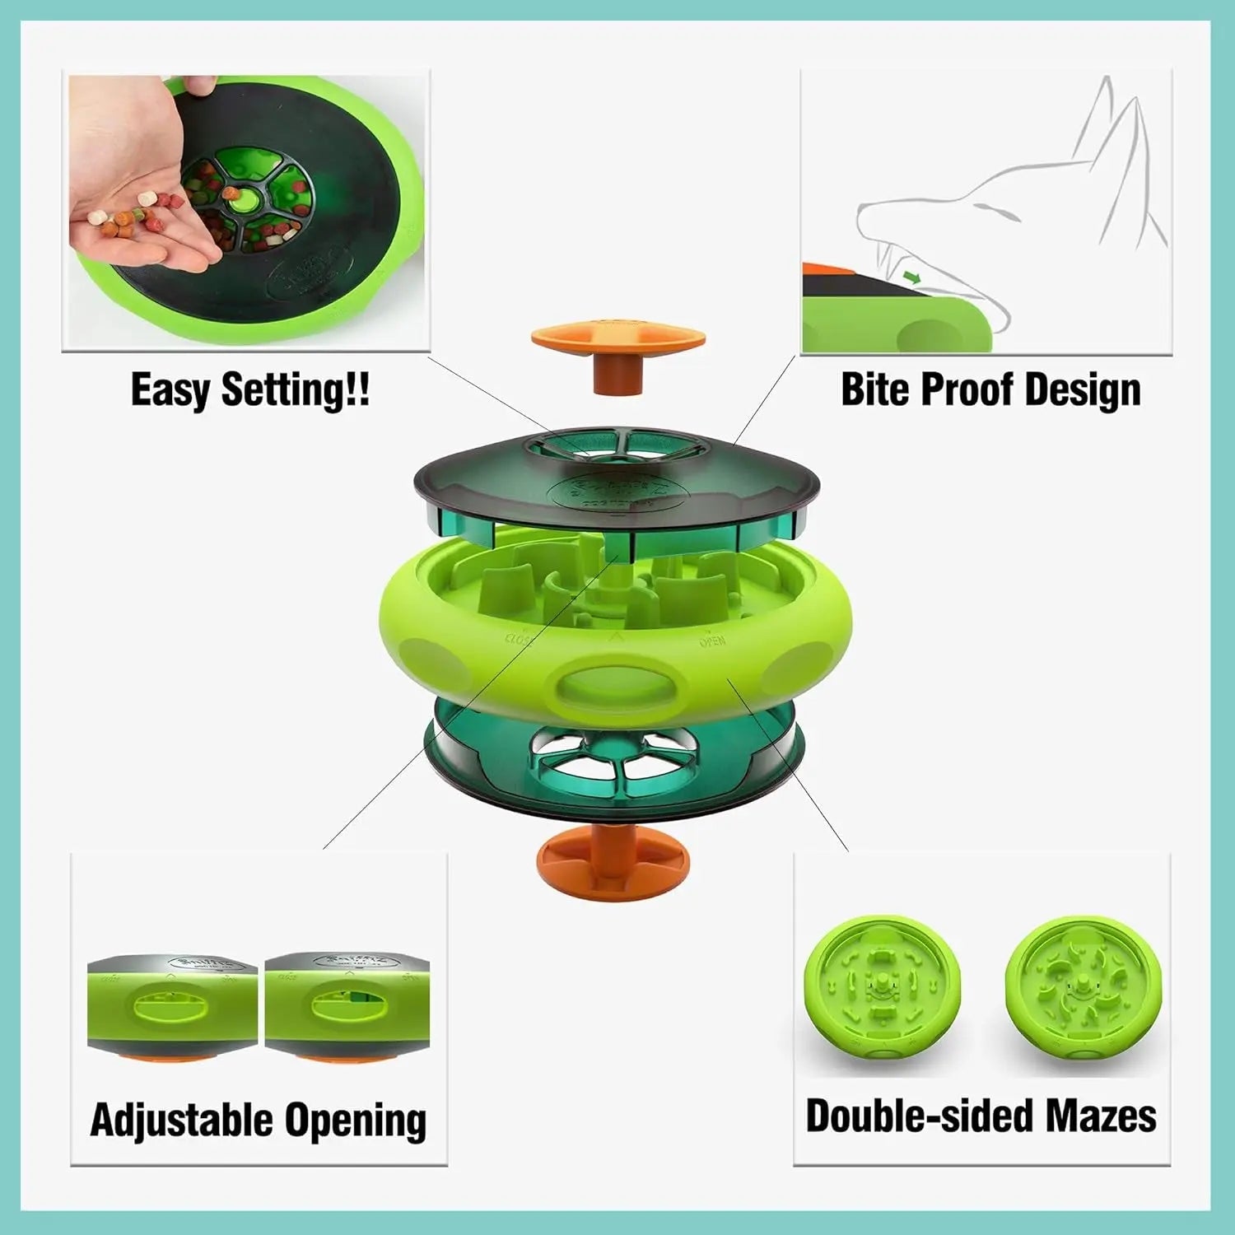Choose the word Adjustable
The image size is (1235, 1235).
(x=181, y=1120)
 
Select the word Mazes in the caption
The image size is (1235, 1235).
(x=1101, y=1116)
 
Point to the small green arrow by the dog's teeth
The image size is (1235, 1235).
(x=911, y=278)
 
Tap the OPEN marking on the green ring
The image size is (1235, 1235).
(x=712, y=641)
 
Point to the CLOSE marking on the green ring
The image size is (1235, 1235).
(x=520, y=638)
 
